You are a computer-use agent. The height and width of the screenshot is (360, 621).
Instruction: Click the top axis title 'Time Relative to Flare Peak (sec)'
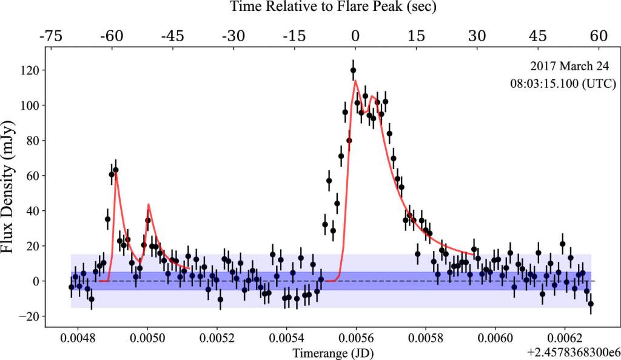point(333,8)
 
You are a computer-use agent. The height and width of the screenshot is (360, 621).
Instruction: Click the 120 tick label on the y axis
point(29,70)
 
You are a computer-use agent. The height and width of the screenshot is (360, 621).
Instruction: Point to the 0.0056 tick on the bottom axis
point(357,338)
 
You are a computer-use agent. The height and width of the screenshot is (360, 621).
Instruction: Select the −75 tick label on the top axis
point(52,36)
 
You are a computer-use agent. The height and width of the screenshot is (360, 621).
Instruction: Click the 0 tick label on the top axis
point(357,36)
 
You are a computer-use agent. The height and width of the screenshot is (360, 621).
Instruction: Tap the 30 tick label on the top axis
point(477,36)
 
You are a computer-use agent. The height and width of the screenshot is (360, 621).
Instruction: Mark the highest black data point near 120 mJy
point(353,70)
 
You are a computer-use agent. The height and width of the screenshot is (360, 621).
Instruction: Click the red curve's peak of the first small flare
point(116,173)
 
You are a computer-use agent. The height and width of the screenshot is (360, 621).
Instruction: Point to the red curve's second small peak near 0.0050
point(149,205)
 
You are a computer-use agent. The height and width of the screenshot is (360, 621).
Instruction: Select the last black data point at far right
point(591,304)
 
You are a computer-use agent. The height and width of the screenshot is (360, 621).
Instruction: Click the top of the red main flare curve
point(355,81)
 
